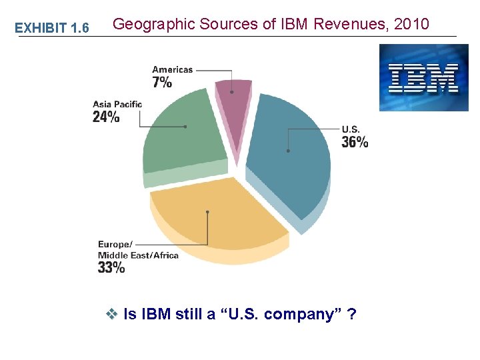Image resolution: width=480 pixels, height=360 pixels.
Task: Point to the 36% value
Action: tap(355, 142)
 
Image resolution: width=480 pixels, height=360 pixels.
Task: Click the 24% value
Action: tap(106, 117)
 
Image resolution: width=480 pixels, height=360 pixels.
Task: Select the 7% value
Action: tap(162, 82)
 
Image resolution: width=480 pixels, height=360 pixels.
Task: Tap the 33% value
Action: tap(111, 267)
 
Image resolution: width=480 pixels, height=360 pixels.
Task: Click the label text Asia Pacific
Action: tap(117, 104)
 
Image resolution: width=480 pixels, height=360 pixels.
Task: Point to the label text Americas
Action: tap(172, 69)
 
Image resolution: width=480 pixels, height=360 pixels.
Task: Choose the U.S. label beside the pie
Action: tap(351, 129)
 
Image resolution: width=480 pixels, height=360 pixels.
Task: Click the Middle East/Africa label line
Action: tap(138, 255)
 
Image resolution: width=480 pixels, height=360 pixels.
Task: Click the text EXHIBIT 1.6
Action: tap(52, 27)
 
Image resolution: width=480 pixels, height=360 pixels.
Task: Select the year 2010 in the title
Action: tap(412, 25)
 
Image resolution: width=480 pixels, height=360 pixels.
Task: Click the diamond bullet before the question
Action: tap(111, 314)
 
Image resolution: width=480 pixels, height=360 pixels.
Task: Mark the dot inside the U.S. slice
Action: tap(288, 151)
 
